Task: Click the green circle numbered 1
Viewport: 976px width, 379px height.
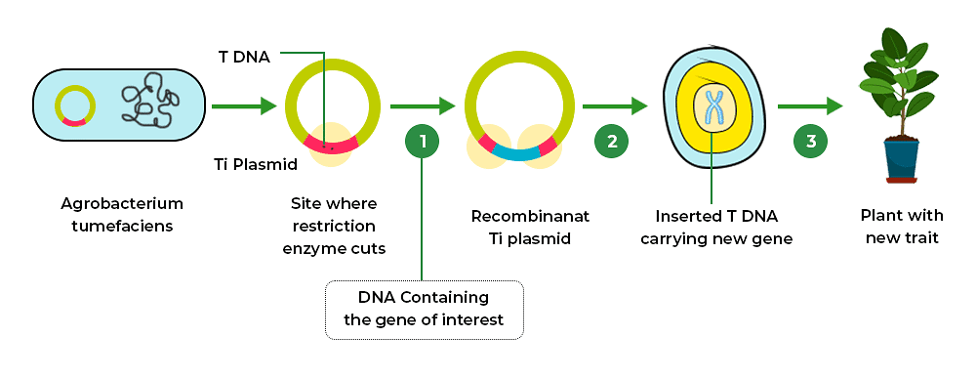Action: pos(422,142)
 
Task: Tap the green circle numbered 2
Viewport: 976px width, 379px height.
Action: pos(612,142)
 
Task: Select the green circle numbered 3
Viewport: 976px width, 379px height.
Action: pos(811,142)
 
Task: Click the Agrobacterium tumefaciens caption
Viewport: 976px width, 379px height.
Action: pos(121,215)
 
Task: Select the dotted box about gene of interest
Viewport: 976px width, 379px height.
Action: pos(423,309)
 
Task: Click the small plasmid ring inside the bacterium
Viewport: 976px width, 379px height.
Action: pos(75,105)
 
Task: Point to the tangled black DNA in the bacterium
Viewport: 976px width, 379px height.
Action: pos(149,104)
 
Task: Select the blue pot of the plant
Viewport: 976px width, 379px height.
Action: pos(901,158)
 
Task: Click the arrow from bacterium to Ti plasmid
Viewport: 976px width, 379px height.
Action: pos(244,105)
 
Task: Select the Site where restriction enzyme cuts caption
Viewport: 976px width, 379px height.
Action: pos(333,226)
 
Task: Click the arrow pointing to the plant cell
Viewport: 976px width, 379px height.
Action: pos(615,105)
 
